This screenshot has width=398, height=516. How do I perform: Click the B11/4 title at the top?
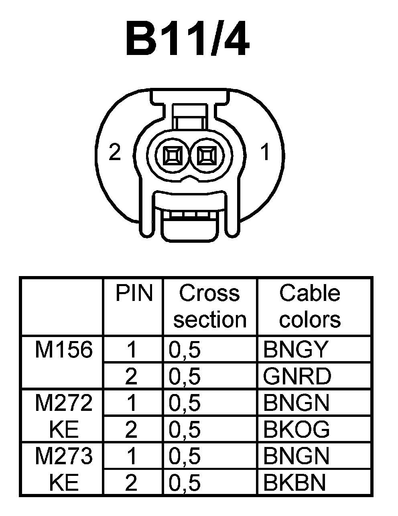pyautogui.click(x=187, y=39)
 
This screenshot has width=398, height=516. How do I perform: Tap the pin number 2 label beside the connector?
pyautogui.click(x=115, y=152)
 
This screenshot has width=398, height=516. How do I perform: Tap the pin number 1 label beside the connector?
pyautogui.click(x=265, y=152)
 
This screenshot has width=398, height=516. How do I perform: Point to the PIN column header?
pyautogui.click(x=134, y=293)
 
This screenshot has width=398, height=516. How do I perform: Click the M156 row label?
pyautogui.click(x=64, y=350)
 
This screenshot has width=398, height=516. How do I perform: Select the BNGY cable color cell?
pyautogui.click(x=296, y=350)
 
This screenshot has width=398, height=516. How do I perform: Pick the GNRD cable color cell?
pyautogui.click(x=297, y=376)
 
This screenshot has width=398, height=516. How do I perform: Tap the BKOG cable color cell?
pyautogui.click(x=296, y=430)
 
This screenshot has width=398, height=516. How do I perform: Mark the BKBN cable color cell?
pyautogui.click(x=294, y=483)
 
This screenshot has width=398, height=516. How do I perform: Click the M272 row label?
pyautogui.click(x=64, y=403)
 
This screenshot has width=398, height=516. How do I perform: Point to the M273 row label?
pyautogui.click(x=64, y=456)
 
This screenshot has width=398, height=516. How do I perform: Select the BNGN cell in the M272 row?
pyautogui.click(x=296, y=403)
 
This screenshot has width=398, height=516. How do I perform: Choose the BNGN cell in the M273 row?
pyautogui.click(x=296, y=456)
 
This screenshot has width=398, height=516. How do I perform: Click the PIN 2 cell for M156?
pyautogui.click(x=131, y=376)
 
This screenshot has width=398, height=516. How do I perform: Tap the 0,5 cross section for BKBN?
pyautogui.click(x=185, y=483)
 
